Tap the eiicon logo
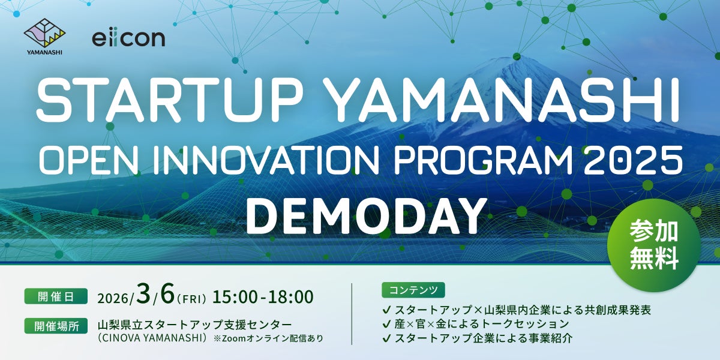[128, 38]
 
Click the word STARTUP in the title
[170, 101]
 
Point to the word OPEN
[89, 160]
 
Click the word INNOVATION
[266, 160]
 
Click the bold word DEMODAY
[365, 217]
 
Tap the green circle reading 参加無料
[654, 245]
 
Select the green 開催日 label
[56, 296]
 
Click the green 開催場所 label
[56, 326]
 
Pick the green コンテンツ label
[413, 290]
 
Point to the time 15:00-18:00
[263, 297]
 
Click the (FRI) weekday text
[191, 299]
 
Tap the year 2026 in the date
[113, 299]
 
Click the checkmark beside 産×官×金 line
[386, 324]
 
